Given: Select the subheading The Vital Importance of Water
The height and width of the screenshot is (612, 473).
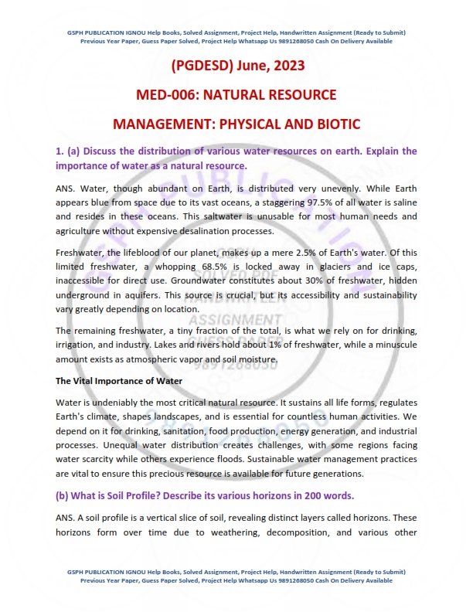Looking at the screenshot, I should [x=119, y=381].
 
